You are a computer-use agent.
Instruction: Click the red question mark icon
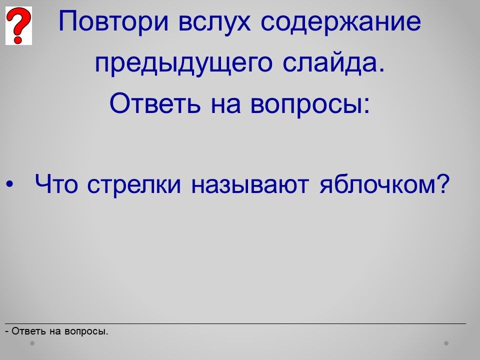[18, 25]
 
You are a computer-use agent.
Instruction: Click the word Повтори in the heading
[113, 22]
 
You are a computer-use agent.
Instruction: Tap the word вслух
[214, 22]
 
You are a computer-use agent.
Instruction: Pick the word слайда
[333, 63]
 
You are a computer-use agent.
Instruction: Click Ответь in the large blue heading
[155, 103]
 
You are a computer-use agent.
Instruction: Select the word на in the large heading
[225, 105]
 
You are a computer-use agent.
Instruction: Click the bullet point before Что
[10, 184]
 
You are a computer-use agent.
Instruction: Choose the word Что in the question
[56, 184]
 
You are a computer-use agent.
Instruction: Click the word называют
[249, 185]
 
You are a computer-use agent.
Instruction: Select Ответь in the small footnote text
[29, 331]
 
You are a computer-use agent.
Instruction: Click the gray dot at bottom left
[32, 343]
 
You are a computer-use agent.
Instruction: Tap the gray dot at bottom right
[446, 343]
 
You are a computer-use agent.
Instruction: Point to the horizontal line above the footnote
[235, 323]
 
